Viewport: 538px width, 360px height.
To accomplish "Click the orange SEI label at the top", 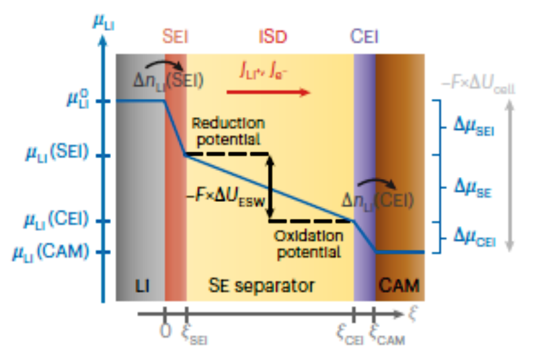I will pyautogui.click(x=176, y=38).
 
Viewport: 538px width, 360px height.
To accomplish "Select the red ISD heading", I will pyautogui.click(x=271, y=38).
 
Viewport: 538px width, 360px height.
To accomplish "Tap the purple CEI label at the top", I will pyautogui.click(x=364, y=38).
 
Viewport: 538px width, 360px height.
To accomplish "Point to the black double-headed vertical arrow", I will pyautogui.click(x=270, y=188).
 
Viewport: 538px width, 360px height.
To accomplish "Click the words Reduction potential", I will pyautogui.click(x=228, y=132).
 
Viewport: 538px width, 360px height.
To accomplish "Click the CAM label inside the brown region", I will pyautogui.click(x=399, y=285).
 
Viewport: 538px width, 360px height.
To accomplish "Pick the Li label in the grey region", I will pyautogui.click(x=141, y=285).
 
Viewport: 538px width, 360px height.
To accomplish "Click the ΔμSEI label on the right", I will pyautogui.click(x=474, y=128).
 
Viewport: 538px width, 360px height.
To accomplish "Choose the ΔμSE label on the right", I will pyautogui.click(x=472, y=188).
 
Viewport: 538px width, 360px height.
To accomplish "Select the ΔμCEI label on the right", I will pyautogui.click(x=474, y=237).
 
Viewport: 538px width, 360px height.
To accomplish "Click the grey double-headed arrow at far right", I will pyautogui.click(x=512, y=175).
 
